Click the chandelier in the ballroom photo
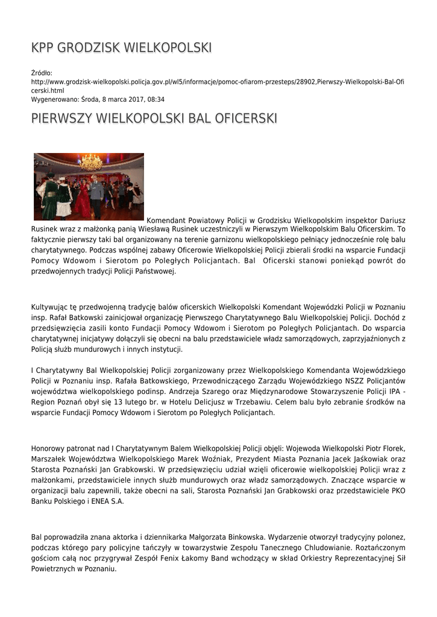click(x=91, y=163)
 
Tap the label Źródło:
click(x=42, y=73)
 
